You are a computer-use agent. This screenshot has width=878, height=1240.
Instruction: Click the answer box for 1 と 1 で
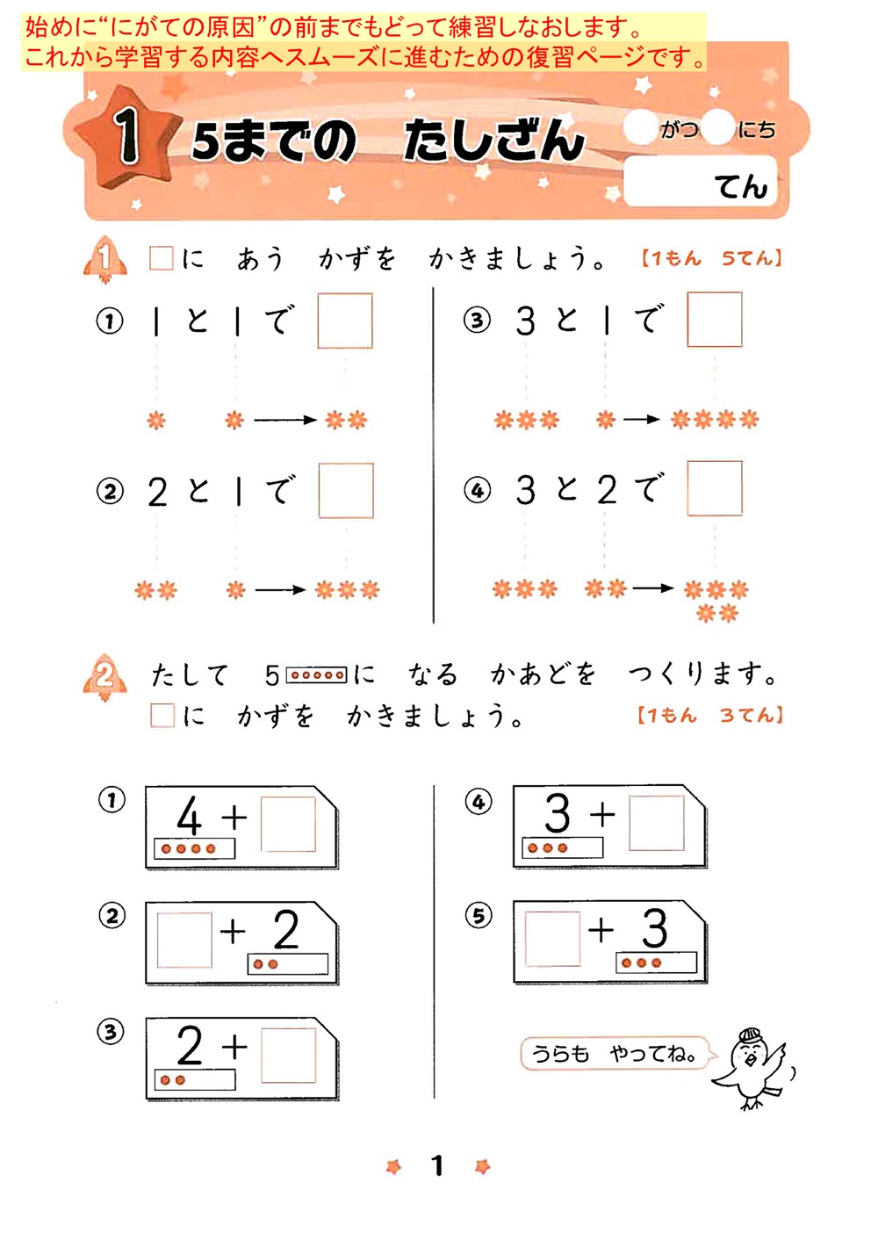(344, 321)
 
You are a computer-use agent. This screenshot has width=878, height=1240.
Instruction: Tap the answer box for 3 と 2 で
(714, 488)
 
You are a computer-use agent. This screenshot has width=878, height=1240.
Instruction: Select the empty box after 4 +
(288, 824)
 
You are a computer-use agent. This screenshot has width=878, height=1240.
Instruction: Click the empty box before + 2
(184, 940)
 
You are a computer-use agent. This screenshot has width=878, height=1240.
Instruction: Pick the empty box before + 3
(552, 938)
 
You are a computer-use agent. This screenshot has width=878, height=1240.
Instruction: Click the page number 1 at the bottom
(437, 1165)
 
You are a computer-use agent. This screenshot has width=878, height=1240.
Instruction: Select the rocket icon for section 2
(104, 677)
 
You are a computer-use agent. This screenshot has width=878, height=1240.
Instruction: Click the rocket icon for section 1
(104, 259)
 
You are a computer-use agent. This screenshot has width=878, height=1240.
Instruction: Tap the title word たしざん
(493, 141)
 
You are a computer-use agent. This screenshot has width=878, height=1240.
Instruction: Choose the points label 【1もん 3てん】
(709, 715)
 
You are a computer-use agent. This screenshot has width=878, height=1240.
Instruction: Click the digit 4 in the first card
(189, 816)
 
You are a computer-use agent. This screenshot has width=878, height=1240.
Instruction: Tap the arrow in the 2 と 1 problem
(280, 590)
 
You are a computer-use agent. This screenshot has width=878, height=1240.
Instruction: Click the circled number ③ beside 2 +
(111, 1031)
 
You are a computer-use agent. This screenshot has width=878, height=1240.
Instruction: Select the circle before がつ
(640, 128)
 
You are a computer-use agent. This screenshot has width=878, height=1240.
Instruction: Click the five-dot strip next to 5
(317, 675)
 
